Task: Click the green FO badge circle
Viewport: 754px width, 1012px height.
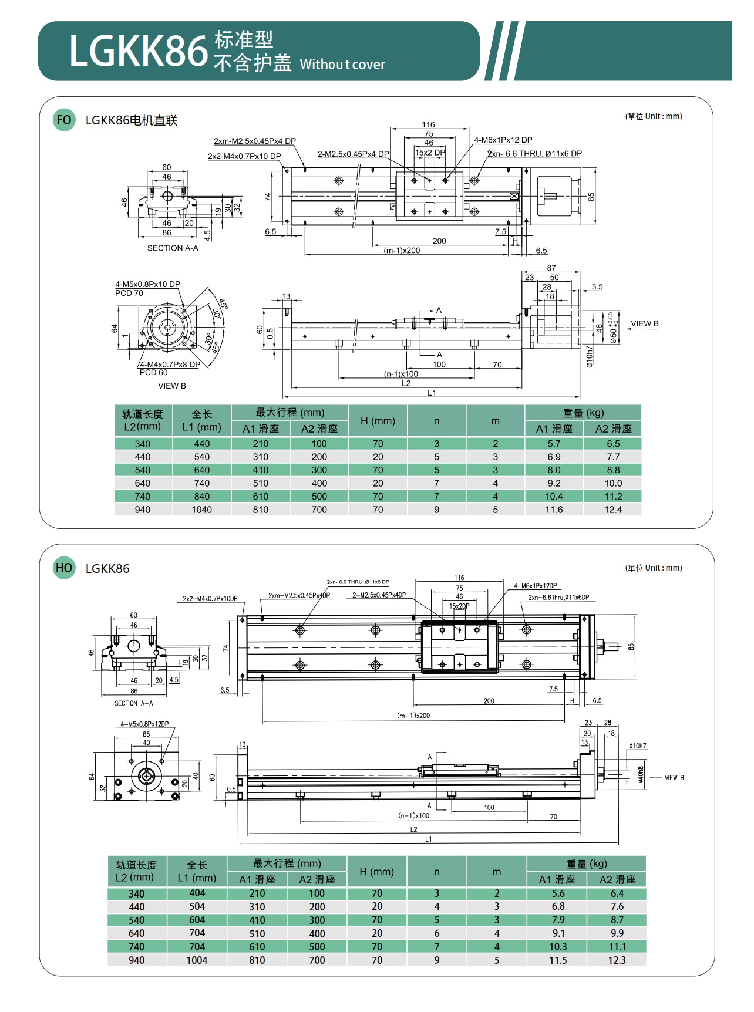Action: pos(64,120)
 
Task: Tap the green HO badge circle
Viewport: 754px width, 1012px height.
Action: pos(64,568)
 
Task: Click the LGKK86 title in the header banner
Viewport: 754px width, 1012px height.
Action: pos(139,52)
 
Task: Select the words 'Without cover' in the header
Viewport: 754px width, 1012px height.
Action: pos(342,65)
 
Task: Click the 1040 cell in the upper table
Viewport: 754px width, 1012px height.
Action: pos(201,510)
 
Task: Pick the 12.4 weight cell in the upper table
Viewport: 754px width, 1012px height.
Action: pos(612,510)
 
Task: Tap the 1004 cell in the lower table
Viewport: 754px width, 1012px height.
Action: pos(197,960)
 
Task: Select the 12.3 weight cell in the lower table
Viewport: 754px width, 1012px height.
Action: pos(617,960)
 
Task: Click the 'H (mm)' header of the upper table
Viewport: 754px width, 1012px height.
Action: pos(378,421)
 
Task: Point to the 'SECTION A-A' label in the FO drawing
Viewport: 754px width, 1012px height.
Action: pos(173,248)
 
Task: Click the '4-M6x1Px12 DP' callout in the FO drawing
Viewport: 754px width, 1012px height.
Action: pos(503,140)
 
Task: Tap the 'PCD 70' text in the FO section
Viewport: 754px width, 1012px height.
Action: pos(129,293)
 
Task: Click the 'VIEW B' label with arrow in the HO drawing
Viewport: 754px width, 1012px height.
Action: pos(674,778)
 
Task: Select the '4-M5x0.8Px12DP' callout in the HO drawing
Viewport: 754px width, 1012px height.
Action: pos(144,724)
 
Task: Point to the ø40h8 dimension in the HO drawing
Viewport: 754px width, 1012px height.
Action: pos(641,774)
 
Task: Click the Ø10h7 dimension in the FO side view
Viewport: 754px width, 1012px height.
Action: pos(590,356)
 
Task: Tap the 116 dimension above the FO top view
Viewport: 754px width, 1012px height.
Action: pos(428,124)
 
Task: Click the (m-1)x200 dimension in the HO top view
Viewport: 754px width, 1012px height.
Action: pos(413,716)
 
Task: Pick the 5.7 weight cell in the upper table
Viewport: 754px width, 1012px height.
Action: pos(554,444)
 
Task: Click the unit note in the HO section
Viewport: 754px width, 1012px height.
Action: pos(654,568)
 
